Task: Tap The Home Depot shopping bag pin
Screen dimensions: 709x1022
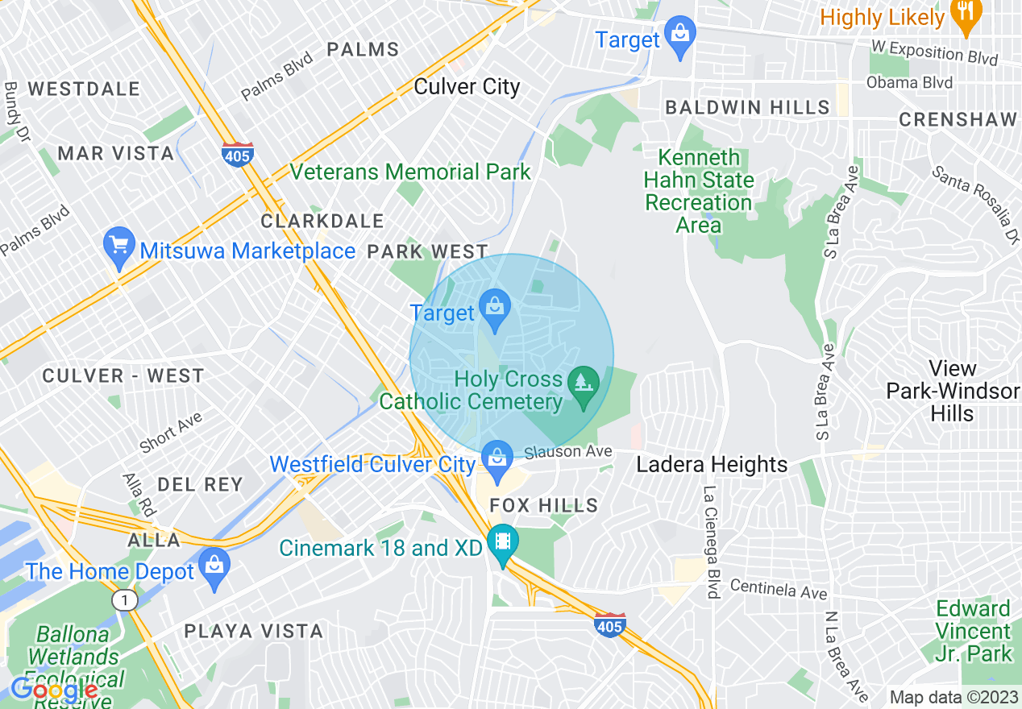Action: [x=214, y=568]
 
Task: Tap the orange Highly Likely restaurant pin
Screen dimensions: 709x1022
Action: [x=965, y=15]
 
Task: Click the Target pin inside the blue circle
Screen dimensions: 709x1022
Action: [x=495, y=310]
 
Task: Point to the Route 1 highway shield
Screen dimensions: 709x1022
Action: [x=123, y=600]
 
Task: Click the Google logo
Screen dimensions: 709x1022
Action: [x=54, y=690]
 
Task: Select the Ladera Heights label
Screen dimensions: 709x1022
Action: [x=712, y=465]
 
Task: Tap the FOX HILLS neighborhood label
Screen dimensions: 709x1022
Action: [x=544, y=505]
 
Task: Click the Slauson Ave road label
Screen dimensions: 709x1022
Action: [x=568, y=452]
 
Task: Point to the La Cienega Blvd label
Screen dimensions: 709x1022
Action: [x=712, y=541]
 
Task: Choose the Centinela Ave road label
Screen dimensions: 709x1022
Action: [x=779, y=589]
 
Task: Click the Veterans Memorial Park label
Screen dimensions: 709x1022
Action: [x=410, y=172]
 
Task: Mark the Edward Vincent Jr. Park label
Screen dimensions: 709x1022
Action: [x=973, y=631]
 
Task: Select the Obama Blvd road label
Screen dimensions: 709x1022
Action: [x=909, y=82]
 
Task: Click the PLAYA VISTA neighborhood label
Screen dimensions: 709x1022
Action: [x=254, y=631]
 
